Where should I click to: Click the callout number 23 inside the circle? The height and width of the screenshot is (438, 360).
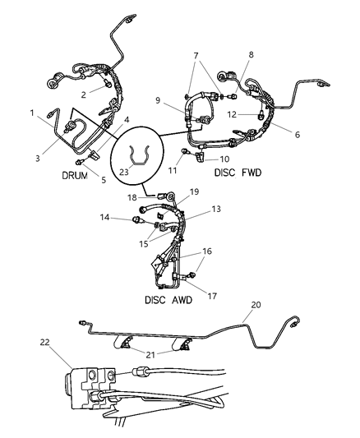click(x=123, y=172)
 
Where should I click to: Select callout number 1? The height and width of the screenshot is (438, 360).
click(x=32, y=113)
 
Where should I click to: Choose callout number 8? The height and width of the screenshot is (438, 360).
click(x=251, y=54)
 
